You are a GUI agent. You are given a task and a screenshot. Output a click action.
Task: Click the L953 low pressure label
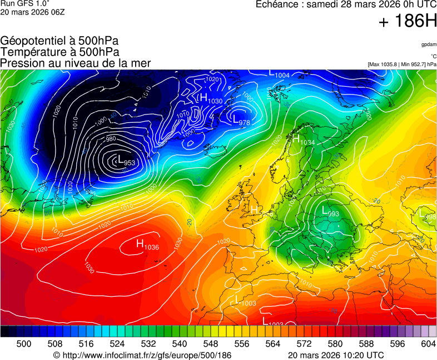tap(127, 161)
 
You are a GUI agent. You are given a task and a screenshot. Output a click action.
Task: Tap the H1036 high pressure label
tap(147, 244)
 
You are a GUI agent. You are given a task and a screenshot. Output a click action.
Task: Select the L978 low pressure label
tap(241, 121)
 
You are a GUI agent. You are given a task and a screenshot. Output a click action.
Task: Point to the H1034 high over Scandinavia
tap(304, 140)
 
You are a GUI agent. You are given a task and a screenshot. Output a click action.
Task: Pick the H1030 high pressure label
tap(211, 99)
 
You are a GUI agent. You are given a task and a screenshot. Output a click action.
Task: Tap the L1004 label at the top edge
tap(280, 74)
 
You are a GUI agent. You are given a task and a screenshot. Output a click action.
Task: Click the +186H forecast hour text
tap(408, 22)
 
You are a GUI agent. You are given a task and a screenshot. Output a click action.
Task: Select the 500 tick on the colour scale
tap(24, 344)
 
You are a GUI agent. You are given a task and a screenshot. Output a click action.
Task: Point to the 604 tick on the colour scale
tap(428, 344)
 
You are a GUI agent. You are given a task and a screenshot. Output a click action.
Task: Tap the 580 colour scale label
tap(335, 344)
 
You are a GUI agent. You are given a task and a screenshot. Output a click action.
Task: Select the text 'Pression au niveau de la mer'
tap(76, 63)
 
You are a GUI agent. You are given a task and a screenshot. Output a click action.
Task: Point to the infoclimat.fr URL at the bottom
tap(142, 354)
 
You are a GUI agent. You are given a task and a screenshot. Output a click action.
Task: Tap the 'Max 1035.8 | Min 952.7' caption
tap(402, 64)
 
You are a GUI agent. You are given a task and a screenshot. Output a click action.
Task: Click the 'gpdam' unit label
tap(429, 44)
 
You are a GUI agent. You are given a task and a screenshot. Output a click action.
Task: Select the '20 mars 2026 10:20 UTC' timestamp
tap(336, 354)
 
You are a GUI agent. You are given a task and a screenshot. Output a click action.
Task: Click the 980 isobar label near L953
tap(111, 139)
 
